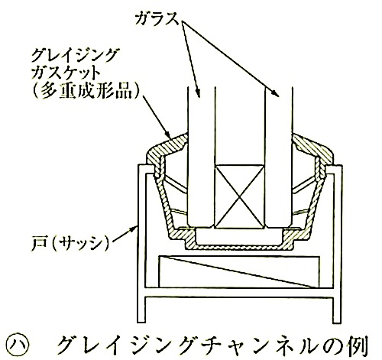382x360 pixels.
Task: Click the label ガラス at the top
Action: [x=157, y=19]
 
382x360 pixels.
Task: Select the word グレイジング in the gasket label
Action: [x=74, y=55]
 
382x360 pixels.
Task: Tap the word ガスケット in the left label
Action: [x=64, y=73]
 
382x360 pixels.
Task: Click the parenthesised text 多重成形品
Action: [x=86, y=91]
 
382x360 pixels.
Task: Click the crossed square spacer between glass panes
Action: [x=239, y=196]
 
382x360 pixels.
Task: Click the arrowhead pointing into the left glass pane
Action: [x=198, y=94]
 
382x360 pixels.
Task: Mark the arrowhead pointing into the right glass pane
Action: [x=276, y=94]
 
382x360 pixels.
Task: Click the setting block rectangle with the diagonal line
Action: [x=239, y=271]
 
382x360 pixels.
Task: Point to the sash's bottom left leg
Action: [x=141, y=310]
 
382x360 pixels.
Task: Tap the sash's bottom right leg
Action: [x=337, y=310]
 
